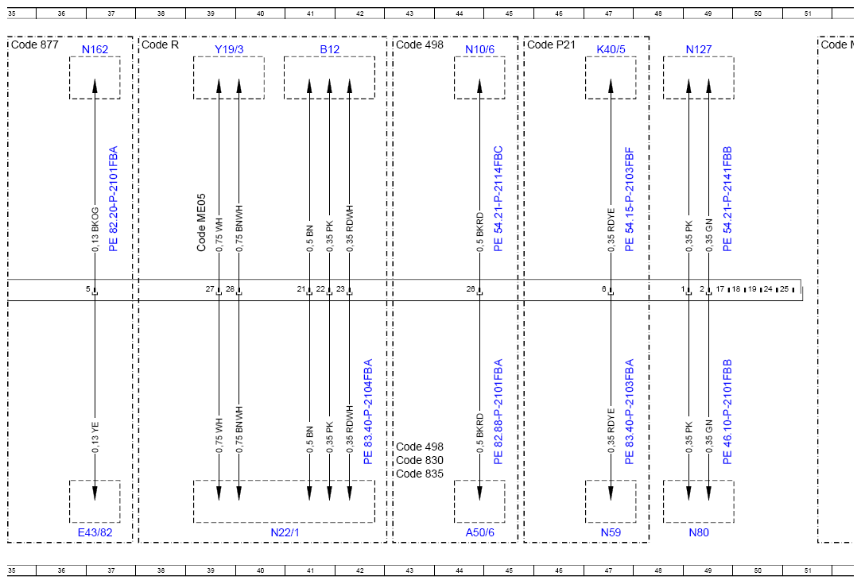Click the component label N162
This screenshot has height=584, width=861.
tap(95, 49)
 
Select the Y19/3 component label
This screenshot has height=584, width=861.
tap(229, 49)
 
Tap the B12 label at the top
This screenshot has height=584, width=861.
tap(329, 49)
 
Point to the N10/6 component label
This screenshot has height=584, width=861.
tap(479, 49)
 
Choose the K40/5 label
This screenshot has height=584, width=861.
tap(611, 49)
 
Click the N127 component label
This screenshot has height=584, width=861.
tap(699, 49)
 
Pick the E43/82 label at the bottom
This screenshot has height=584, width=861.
tap(95, 532)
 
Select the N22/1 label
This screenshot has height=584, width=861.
tap(285, 532)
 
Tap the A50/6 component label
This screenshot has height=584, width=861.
tap(479, 532)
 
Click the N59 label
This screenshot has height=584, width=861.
tap(611, 532)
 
